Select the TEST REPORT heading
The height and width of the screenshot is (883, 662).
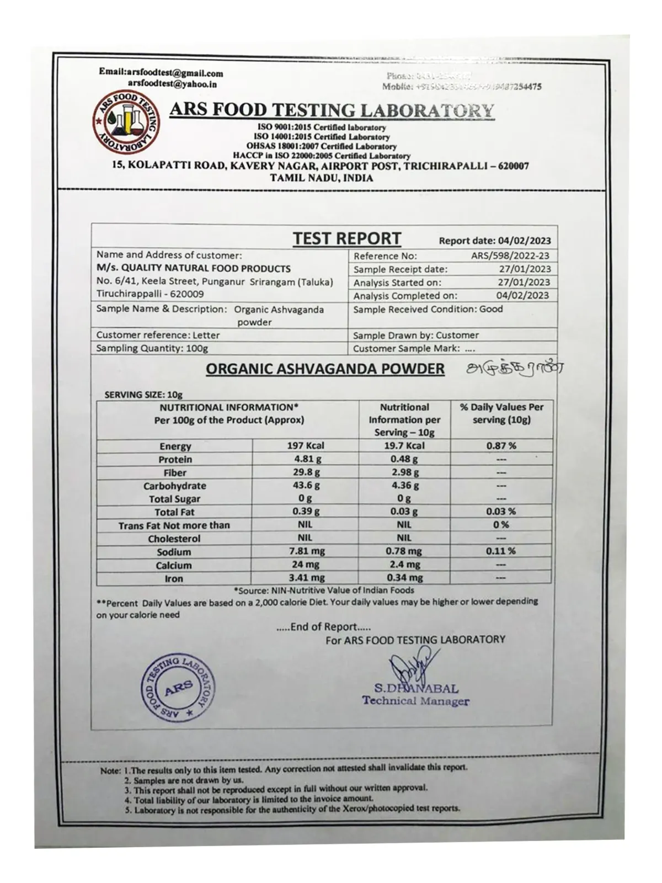point(346,239)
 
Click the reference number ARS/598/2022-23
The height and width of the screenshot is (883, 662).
point(510,256)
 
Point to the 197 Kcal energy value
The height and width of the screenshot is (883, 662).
point(306,446)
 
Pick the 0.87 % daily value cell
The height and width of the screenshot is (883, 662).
point(501,446)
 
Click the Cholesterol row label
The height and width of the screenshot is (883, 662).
point(174,539)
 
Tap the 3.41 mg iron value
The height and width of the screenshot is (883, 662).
point(306,578)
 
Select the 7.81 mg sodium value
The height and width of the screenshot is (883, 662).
point(306,552)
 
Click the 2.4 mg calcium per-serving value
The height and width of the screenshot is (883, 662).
point(404,565)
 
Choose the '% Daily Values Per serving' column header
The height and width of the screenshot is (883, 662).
point(501,413)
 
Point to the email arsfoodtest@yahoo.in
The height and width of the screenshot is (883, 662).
point(172,84)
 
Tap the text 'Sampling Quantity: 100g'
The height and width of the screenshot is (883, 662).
point(152,349)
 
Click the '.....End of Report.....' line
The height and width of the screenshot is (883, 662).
point(323,627)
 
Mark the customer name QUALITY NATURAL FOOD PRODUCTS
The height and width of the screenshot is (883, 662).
point(194,269)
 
